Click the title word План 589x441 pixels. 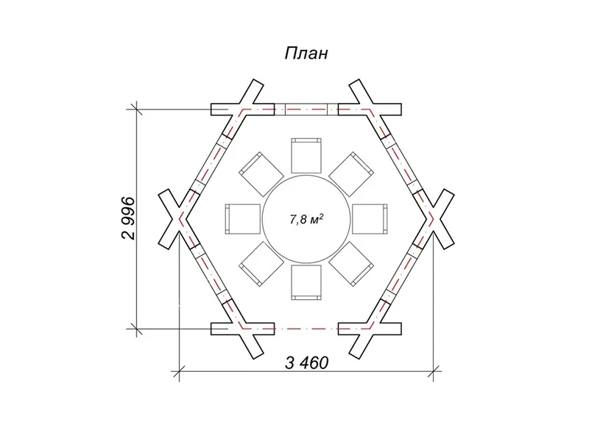306,53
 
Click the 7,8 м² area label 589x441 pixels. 306,219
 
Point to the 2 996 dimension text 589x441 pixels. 128,218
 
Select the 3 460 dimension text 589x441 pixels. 306,363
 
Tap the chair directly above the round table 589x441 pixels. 306,156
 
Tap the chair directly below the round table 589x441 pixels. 306,283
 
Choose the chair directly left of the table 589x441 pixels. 243,219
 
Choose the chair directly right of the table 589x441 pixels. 370,219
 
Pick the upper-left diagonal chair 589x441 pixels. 261,174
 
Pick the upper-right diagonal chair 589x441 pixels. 351,174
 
